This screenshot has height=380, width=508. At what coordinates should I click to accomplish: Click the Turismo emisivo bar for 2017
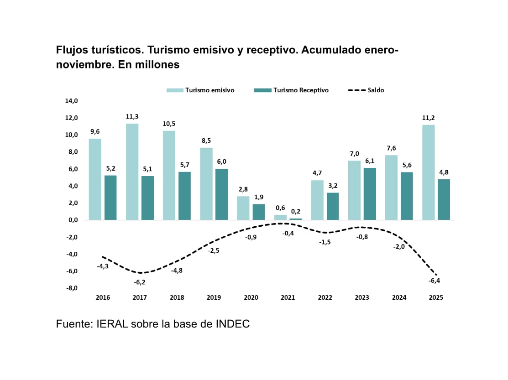(132, 172)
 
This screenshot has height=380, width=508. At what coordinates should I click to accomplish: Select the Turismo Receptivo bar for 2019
(221, 194)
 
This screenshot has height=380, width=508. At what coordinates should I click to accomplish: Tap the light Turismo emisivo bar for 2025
(428, 172)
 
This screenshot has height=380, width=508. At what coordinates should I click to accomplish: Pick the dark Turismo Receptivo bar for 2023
(369, 194)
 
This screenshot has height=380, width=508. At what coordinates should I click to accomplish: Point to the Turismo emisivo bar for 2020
(243, 208)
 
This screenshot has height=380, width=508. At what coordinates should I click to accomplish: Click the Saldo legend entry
(366, 90)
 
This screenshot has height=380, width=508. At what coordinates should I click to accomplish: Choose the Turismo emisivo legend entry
(201, 90)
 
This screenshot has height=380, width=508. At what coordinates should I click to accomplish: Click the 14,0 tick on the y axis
(73, 101)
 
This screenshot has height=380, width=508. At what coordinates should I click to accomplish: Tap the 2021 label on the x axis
(288, 297)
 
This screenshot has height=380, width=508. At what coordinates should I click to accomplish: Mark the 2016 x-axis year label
(103, 297)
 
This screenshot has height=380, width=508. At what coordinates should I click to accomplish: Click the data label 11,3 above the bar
(132, 116)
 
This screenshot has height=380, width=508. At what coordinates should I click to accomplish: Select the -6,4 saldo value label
(434, 281)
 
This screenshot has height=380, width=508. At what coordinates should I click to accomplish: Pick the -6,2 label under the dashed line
(140, 282)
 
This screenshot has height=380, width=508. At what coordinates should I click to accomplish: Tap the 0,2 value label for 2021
(296, 211)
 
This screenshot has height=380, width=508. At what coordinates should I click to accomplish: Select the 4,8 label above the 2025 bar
(443, 172)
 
